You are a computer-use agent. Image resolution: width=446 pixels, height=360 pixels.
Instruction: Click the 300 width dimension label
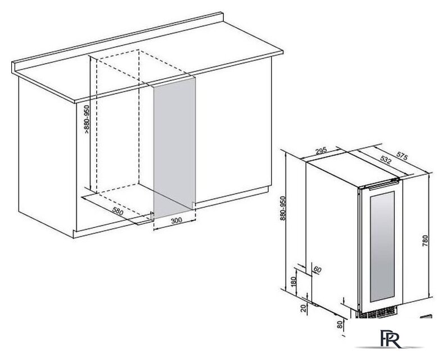tap(177, 220)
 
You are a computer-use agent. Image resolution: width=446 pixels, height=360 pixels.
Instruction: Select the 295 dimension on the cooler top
tap(321, 151)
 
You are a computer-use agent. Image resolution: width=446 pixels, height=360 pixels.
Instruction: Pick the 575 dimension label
tap(402, 156)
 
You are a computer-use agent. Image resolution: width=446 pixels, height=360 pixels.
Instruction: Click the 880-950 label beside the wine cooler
tap(283, 208)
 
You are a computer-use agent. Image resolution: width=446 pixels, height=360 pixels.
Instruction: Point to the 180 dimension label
tap(294, 281)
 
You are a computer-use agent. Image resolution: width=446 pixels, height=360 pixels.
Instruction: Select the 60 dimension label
tap(317, 269)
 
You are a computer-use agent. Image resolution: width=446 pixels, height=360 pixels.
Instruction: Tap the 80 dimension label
tap(340, 325)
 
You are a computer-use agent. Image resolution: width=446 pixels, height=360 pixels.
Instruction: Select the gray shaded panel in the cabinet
tap(175, 148)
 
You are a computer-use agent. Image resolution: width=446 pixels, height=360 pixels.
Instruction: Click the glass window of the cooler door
tap(382, 247)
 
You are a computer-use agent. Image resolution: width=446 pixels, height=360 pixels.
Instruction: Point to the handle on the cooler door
tap(382, 184)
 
